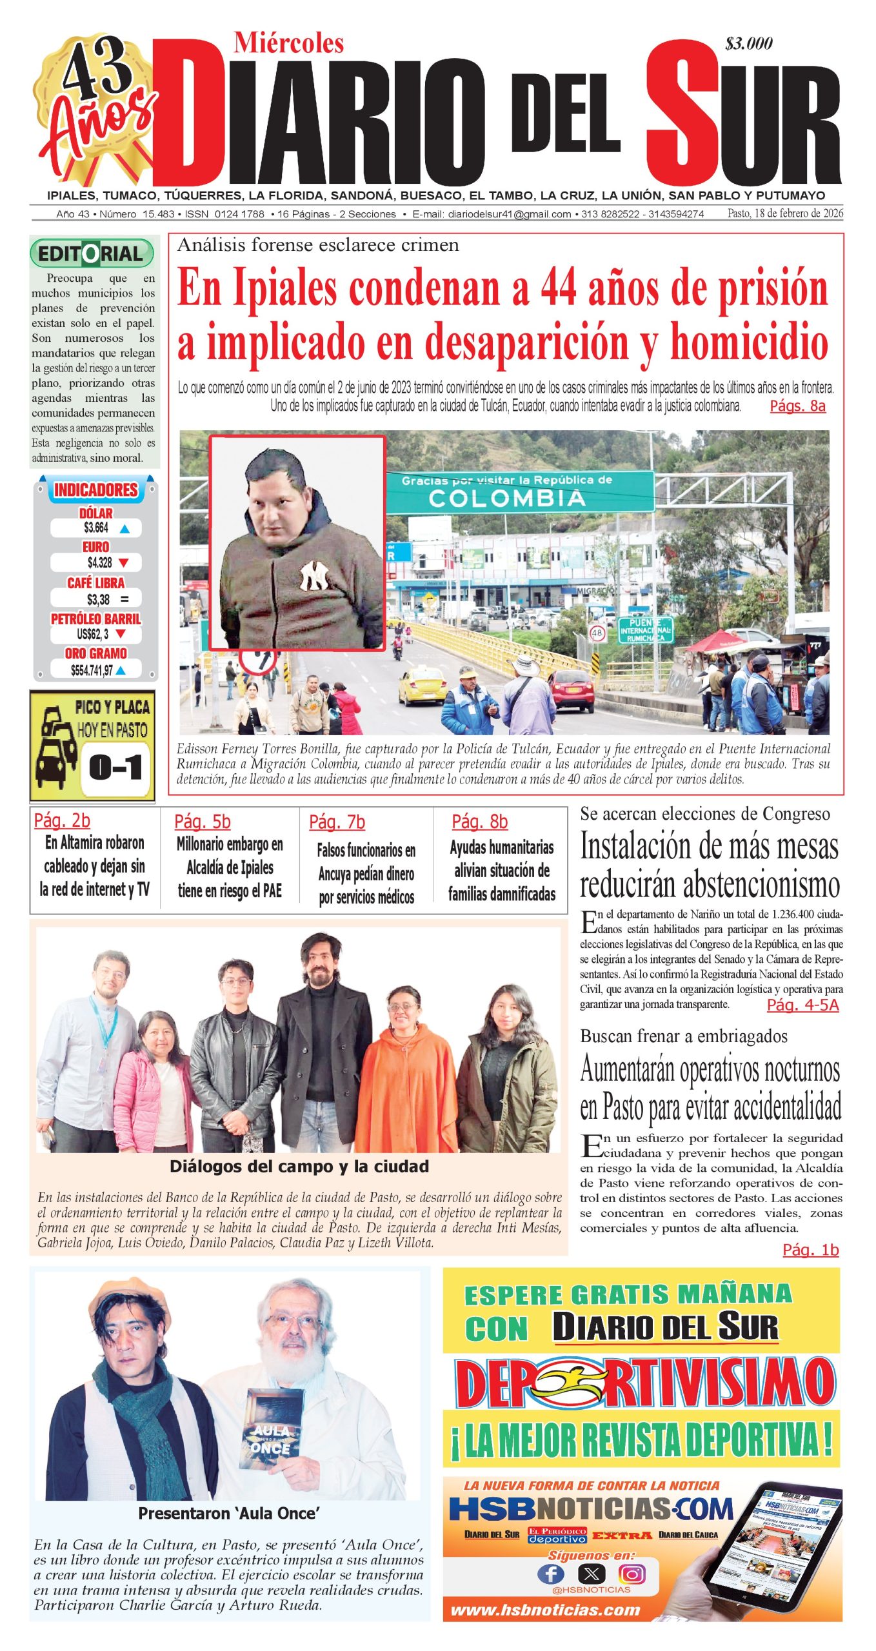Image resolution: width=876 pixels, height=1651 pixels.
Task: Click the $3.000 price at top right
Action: click(x=748, y=44)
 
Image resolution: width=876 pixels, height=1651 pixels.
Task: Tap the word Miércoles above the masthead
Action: click(x=288, y=43)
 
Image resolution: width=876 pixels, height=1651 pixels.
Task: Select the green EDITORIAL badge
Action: click(x=92, y=253)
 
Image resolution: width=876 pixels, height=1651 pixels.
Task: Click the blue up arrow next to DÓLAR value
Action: click(x=125, y=529)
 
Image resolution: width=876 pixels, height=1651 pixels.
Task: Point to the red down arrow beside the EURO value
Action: click(x=124, y=563)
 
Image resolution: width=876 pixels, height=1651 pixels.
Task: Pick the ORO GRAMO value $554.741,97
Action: click(x=92, y=671)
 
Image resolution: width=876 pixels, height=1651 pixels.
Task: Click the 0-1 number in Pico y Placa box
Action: click(x=116, y=767)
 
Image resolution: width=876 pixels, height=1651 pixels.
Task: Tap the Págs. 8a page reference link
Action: click(x=797, y=406)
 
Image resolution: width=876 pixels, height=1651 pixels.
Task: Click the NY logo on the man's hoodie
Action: click(x=314, y=575)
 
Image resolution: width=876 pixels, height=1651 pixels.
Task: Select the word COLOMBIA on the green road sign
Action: click(x=507, y=498)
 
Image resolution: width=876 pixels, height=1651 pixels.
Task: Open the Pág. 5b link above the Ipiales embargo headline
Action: click(x=202, y=822)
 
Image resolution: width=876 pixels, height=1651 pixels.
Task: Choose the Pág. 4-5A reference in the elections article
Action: click(x=802, y=1005)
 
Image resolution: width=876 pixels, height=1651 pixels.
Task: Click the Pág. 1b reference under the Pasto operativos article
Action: click(x=810, y=1250)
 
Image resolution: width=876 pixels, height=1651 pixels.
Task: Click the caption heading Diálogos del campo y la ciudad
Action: click(x=299, y=1166)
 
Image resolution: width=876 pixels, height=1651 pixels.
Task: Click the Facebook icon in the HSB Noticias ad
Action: click(x=550, y=1574)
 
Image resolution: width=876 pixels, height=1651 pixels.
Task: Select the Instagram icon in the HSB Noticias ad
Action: click(x=632, y=1574)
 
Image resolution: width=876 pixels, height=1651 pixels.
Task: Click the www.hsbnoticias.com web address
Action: click(x=545, y=1610)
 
